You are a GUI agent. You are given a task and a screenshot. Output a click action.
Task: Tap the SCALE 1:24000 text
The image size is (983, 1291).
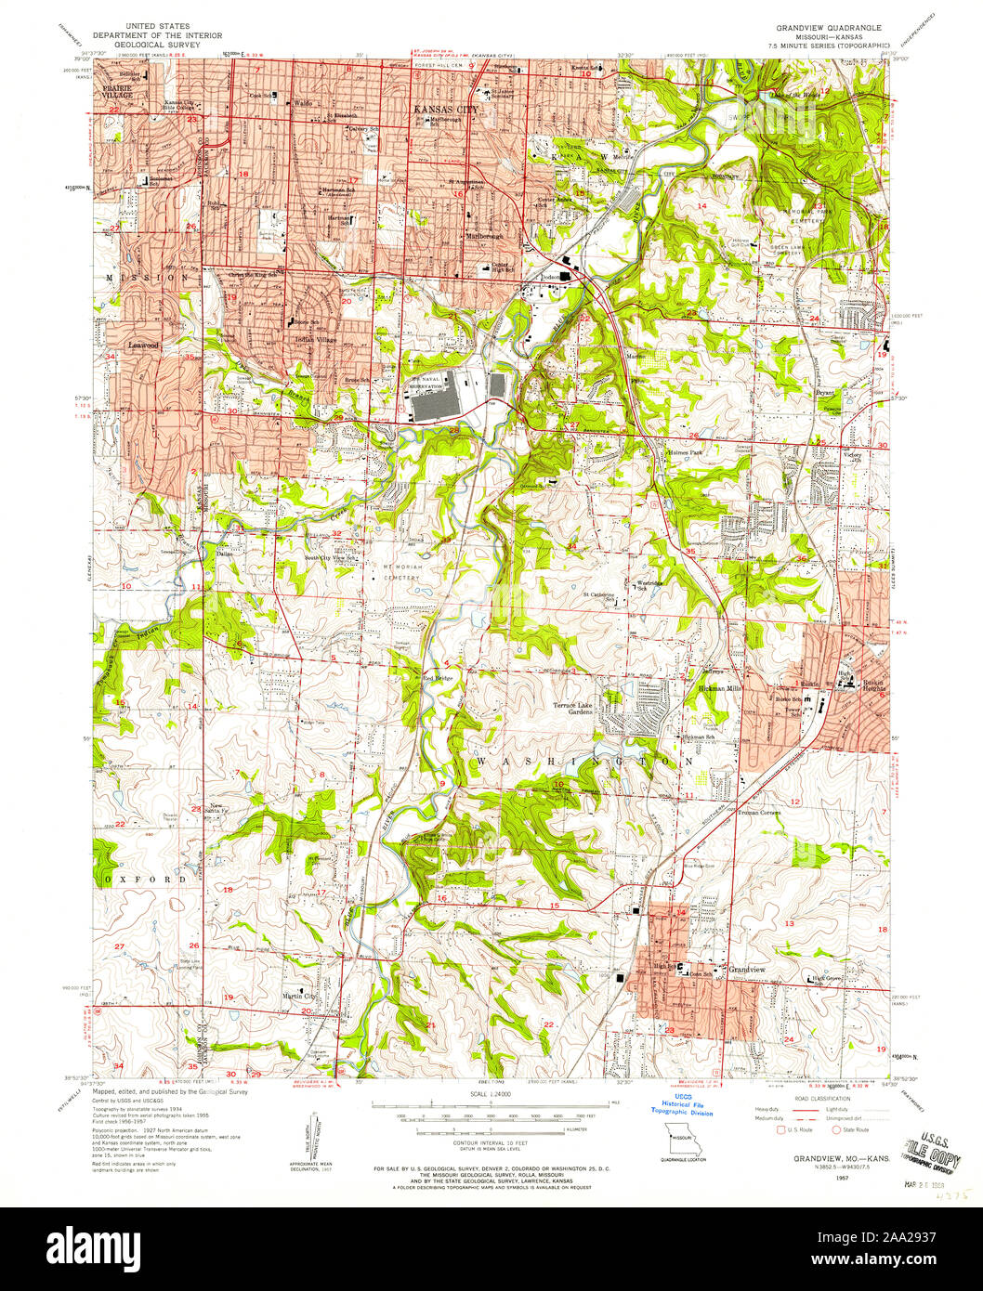click(x=491, y=1096)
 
